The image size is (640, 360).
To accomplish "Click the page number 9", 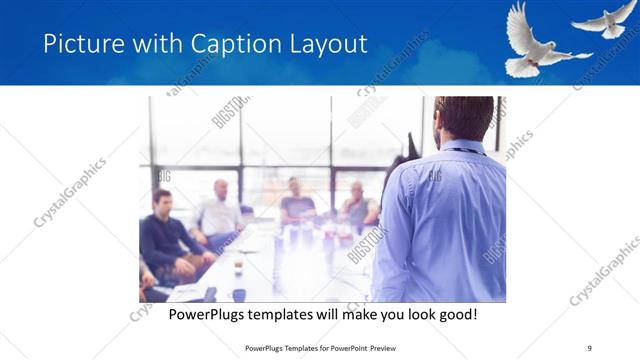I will (589, 347).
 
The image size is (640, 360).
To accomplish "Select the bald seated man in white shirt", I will (220, 212).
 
